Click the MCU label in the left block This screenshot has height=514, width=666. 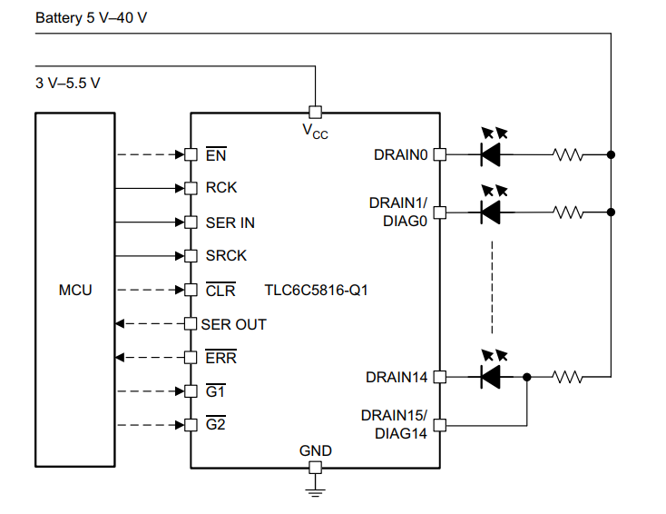point(75,291)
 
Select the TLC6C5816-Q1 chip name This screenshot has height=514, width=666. point(316,291)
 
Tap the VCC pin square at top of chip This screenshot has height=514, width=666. point(315,113)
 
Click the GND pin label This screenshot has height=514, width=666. point(315,450)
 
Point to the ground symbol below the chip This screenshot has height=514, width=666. point(315,490)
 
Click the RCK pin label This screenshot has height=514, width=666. point(221,188)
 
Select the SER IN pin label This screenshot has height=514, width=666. point(230,222)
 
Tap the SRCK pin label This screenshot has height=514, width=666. point(226,256)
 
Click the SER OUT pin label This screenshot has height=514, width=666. point(233,324)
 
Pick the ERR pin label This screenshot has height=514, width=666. point(220,358)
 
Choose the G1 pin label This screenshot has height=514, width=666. point(215,391)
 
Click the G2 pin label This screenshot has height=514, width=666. point(215,425)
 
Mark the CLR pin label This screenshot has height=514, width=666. point(220,291)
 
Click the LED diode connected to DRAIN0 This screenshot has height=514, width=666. point(491,154)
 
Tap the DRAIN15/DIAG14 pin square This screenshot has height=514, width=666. point(440,424)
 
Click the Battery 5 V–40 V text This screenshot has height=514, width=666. point(91,17)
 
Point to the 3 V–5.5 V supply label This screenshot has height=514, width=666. point(68,83)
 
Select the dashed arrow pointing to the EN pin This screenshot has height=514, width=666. point(150,154)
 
